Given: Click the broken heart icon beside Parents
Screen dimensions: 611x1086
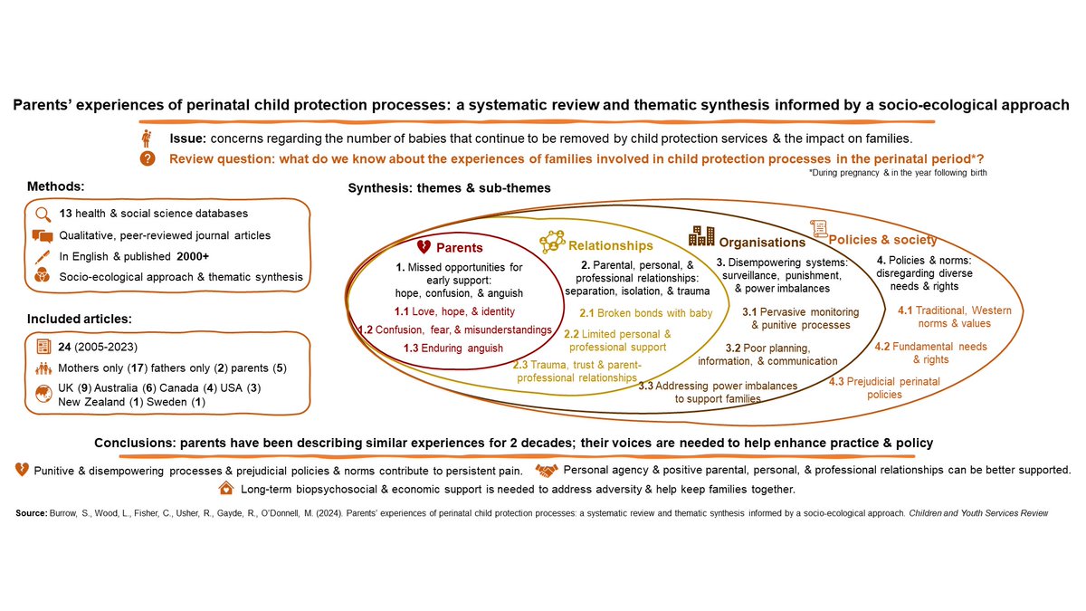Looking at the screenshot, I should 423,246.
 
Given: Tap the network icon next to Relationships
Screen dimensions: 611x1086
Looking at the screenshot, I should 552,242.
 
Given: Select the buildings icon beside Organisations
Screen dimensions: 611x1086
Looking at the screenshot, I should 701,236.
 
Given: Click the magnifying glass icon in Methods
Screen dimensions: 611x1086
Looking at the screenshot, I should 43,214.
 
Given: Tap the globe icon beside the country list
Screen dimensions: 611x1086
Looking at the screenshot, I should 43,394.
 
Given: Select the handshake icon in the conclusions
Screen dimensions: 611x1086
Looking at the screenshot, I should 546,470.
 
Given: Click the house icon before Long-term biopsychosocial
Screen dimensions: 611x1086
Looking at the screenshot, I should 225,489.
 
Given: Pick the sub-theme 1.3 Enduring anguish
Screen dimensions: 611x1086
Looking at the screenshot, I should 442,348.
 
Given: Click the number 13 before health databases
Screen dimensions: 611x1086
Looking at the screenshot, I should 65,214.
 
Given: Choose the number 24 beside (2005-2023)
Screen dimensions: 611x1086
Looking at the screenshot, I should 65,346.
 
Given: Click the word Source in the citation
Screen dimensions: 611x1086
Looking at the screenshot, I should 33,513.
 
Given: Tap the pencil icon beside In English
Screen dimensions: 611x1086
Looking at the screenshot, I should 43,256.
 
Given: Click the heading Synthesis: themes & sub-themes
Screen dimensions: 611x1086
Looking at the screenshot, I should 450,188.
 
